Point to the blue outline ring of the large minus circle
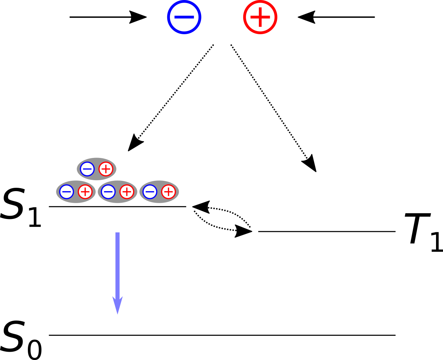[x=169, y=17]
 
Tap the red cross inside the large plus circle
[x=260, y=17]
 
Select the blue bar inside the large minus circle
[x=184, y=17]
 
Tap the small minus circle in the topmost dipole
[x=87, y=169]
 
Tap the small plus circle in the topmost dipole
[x=106, y=169]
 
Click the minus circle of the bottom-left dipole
[x=67, y=192]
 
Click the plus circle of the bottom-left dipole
[x=85, y=192]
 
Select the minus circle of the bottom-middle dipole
[x=108, y=192]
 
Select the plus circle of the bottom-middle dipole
[x=127, y=192]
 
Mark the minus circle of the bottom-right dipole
[x=150, y=192]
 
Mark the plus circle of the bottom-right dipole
[x=169, y=192]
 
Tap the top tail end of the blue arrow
[x=117, y=234]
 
